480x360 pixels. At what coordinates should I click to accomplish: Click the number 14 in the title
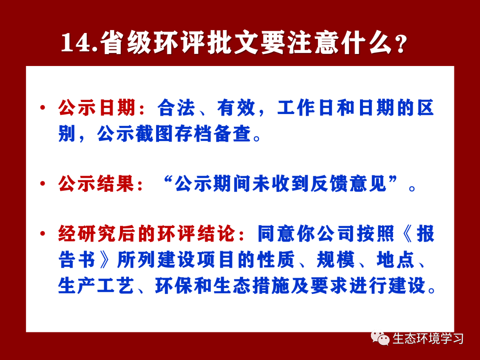(x=75, y=43)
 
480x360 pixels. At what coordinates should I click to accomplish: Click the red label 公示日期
(x=97, y=108)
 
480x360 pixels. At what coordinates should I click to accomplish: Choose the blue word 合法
(x=176, y=108)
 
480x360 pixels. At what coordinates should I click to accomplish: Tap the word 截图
(x=154, y=133)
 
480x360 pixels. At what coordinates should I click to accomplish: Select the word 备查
(x=232, y=133)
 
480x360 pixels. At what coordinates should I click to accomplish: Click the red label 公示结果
(x=96, y=184)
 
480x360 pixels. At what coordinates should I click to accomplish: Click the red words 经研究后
(x=96, y=234)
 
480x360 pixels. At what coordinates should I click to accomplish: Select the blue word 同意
(x=276, y=234)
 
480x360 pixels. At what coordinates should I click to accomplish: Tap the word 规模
(x=336, y=259)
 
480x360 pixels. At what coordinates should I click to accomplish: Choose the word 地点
(x=395, y=259)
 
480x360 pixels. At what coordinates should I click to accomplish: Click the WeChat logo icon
(x=380, y=338)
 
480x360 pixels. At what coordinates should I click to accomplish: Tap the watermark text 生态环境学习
(x=428, y=339)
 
